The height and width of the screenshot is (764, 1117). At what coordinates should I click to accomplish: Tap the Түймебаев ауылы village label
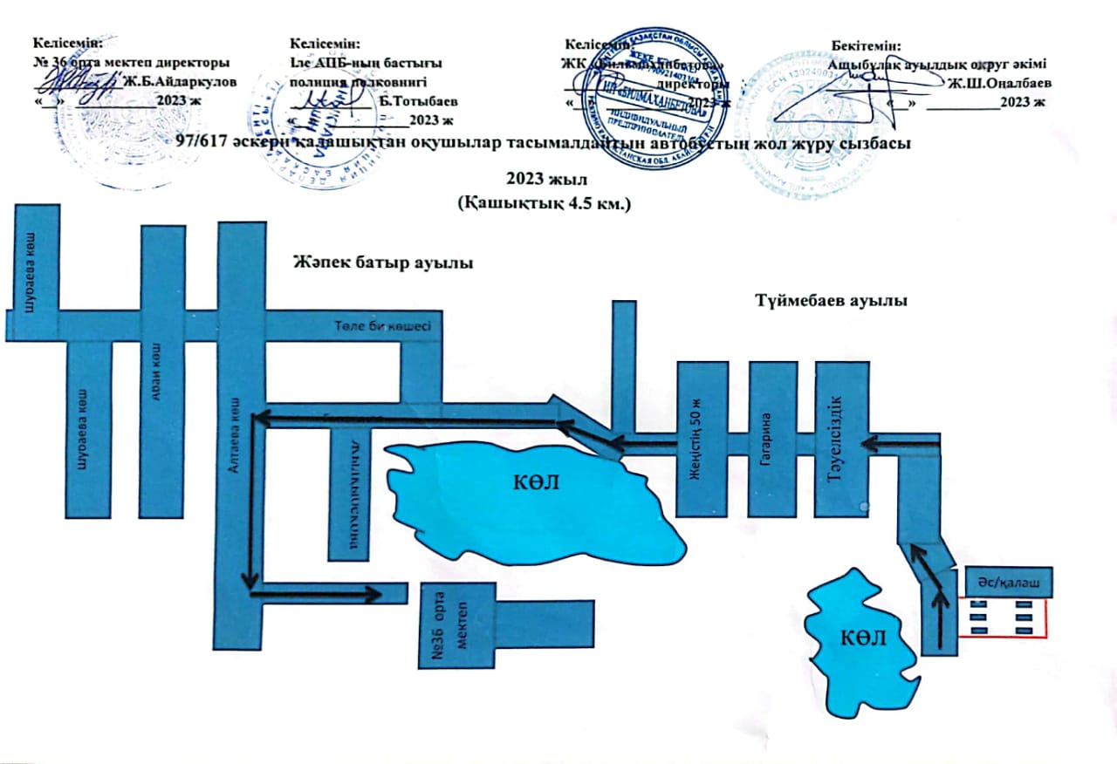tap(830, 301)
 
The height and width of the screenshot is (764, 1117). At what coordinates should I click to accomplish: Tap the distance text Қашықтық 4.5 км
tap(543, 202)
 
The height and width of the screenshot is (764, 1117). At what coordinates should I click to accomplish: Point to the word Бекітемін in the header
tap(866, 44)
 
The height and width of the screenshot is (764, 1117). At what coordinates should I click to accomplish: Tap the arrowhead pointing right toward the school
tap(374, 594)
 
